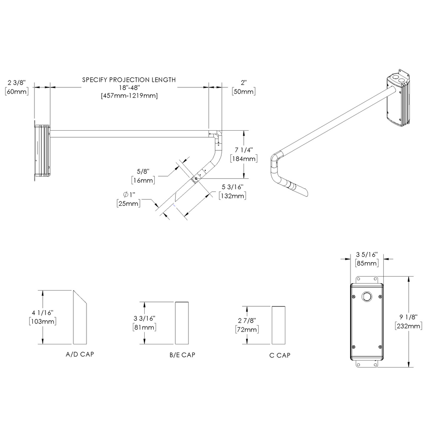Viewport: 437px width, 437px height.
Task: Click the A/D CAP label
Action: pyautogui.click(x=79, y=354)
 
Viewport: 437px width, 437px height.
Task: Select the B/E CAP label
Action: pyautogui.click(x=182, y=355)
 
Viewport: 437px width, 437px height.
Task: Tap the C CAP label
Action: pyautogui.click(x=280, y=355)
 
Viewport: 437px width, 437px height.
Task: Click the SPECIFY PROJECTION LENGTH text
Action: pyautogui.click(x=129, y=80)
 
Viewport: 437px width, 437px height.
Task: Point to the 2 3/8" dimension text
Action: pyautogui.click(x=17, y=82)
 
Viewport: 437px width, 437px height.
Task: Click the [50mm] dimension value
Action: pyautogui.click(x=243, y=91)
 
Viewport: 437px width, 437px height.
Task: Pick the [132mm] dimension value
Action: pyautogui.click(x=232, y=195)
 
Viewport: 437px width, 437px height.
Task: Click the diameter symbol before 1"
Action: pyautogui.click(x=126, y=194)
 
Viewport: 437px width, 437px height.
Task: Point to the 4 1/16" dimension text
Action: pyautogui.click(x=42, y=312)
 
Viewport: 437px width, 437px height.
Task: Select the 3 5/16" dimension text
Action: pyautogui.click(x=366, y=254)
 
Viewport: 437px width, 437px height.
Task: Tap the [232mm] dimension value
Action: pyautogui.click(x=408, y=326)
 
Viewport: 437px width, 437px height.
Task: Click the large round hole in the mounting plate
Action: pyautogui.click(x=366, y=297)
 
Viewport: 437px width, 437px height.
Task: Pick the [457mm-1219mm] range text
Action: pyautogui.click(x=129, y=95)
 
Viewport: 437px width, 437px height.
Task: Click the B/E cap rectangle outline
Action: pyautogui.click(x=182, y=323)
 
